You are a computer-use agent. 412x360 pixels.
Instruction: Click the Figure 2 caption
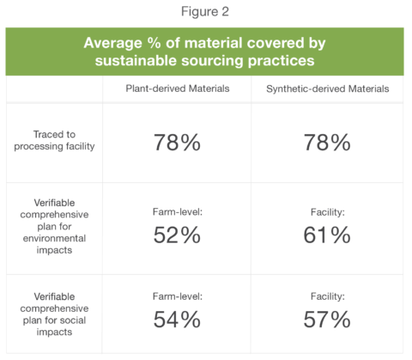205,12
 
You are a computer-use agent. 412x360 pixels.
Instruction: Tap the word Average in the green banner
112,43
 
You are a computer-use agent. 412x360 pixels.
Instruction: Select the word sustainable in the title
136,61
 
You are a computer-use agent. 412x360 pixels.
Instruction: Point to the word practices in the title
281,61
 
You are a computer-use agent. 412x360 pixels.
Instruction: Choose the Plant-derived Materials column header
178,88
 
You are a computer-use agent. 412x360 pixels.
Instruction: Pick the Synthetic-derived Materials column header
328,88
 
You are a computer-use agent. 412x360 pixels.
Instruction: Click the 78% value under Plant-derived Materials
177,143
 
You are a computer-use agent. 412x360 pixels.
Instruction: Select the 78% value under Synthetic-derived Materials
327,143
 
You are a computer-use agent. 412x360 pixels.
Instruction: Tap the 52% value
177,235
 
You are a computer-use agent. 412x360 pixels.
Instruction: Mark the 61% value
327,235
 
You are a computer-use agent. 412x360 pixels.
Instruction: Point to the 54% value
177,320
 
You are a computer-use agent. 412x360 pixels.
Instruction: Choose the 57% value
327,320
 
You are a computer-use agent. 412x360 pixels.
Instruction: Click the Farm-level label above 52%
178,212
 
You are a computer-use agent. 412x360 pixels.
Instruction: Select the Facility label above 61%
328,212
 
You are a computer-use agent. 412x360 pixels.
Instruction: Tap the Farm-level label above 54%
178,296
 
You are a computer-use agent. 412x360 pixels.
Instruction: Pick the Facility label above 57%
328,296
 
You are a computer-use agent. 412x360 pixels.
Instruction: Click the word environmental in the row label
54,238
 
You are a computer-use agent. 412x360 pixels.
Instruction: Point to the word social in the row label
73,320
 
